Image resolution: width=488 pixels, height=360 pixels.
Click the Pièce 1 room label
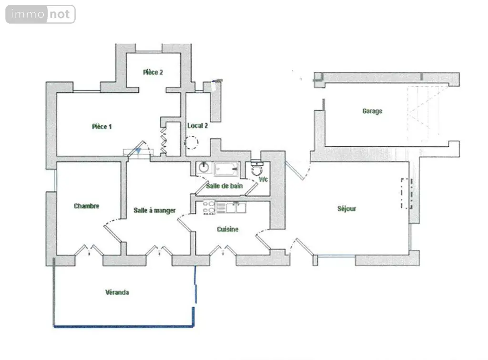[102, 127]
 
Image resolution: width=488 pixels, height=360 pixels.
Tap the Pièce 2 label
[153, 72]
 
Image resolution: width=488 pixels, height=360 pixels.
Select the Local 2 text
[197, 126]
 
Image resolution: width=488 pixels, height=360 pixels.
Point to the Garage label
[372, 111]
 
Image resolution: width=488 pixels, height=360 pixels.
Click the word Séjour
[347, 209]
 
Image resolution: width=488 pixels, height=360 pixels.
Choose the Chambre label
[87, 206]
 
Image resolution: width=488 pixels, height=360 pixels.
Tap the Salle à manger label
[155, 210]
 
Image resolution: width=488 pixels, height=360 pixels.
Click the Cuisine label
[227, 229]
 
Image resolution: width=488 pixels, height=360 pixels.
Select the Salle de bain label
[224, 186]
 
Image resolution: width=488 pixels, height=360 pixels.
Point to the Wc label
[263, 180]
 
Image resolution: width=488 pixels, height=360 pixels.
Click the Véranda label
[117, 292]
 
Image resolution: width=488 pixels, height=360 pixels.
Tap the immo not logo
[41, 14]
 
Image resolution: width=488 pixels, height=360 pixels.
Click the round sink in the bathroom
[204, 167]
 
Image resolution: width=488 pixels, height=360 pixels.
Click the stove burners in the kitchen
[209, 207]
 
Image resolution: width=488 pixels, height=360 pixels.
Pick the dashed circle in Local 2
[192, 143]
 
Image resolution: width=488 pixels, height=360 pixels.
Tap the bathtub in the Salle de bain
[226, 169]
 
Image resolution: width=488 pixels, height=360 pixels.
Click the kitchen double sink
[236, 207]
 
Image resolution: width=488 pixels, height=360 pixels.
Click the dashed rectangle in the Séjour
[407, 193]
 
